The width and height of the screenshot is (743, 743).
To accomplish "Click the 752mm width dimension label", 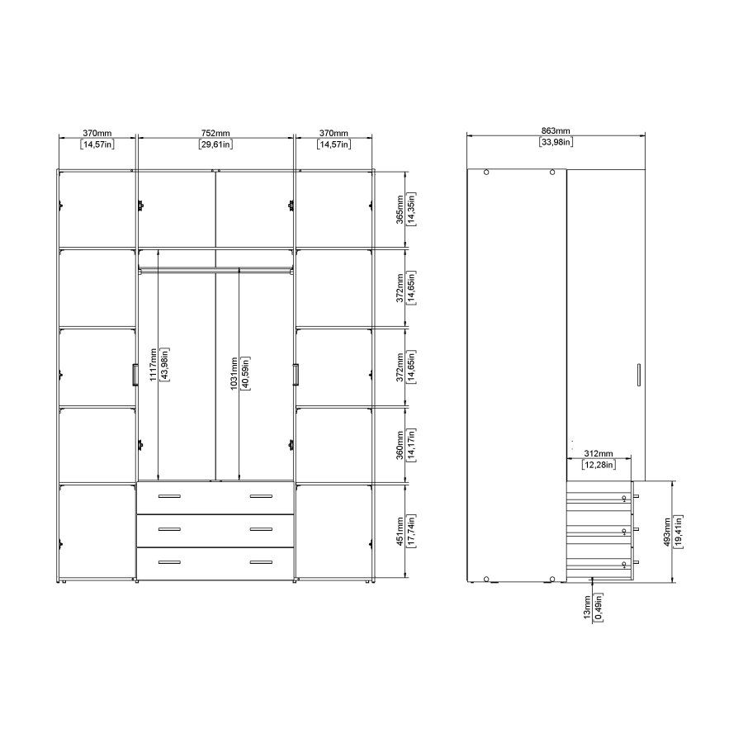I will [215, 133].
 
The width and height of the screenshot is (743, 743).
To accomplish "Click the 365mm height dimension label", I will [400, 209].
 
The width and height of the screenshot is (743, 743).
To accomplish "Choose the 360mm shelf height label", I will [400, 444].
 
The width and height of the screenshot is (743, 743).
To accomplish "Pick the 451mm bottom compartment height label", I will [400, 531].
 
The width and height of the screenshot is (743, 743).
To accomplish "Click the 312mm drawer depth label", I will [598, 454].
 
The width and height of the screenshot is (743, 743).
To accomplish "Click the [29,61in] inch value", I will [215, 144].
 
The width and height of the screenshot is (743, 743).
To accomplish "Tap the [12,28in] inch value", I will [598, 466].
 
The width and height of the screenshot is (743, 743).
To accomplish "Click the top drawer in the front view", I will [215, 497].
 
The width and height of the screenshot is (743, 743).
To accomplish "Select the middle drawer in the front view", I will [215, 530].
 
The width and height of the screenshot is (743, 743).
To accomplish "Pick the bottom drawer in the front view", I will [215, 562].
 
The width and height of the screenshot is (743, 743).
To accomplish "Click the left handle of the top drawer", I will [169, 496].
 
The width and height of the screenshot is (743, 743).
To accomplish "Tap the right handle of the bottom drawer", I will [261, 562].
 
